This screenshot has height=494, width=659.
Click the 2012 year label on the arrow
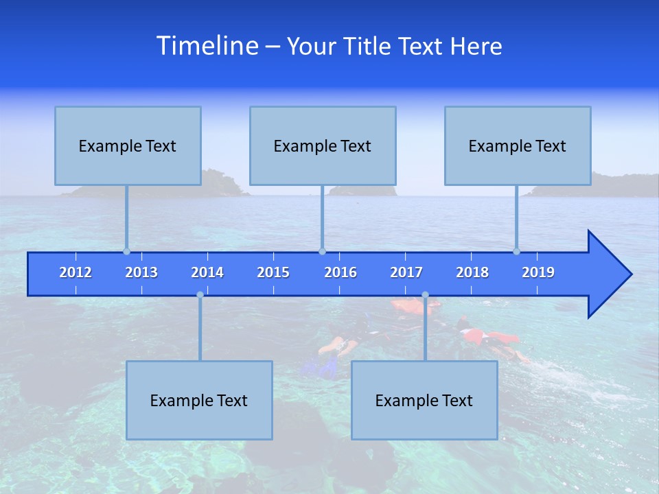(x=76, y=272)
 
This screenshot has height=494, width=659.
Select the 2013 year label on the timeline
(x=141, y=272)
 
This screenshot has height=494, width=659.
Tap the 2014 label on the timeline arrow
(x=207, y=272)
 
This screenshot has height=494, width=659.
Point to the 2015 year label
(x=273, y=272)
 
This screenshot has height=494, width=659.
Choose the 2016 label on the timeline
(x=340, y=272)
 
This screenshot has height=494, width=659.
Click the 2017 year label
(x=406, y=272)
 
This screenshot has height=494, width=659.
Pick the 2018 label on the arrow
(x=472, y=272)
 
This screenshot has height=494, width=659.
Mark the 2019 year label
(x=538, y=272)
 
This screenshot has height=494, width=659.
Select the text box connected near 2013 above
(x=128, y=145)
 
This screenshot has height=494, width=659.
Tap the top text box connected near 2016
(x=323, y=145)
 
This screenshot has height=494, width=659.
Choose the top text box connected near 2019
(x=518, y=145)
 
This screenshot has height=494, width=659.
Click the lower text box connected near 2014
(x=199, y=400)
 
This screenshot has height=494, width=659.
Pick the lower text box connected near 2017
(x=424, y=400)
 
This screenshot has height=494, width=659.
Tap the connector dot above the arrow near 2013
(x=126, y=251)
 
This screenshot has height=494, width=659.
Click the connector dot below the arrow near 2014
(x=200, y=294)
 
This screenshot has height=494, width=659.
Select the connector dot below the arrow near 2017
(x=425, y=294)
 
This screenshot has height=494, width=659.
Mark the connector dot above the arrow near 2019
(x=516, y=251)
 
